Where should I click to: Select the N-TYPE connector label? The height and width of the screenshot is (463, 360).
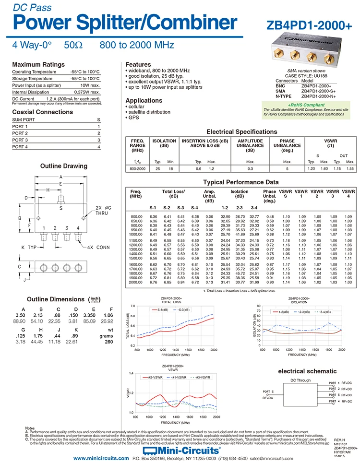click(x=284, y=96)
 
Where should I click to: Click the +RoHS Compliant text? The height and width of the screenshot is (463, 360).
click(x=306, y=105)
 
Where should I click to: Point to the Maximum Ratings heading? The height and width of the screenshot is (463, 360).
click(x=38, y=64)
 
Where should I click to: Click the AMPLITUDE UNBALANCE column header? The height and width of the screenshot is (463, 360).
click(x=250, y=145)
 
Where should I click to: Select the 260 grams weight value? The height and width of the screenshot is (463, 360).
click(x=108, y=342)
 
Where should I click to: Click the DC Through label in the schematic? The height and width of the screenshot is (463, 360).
click(x=300, y=380)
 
